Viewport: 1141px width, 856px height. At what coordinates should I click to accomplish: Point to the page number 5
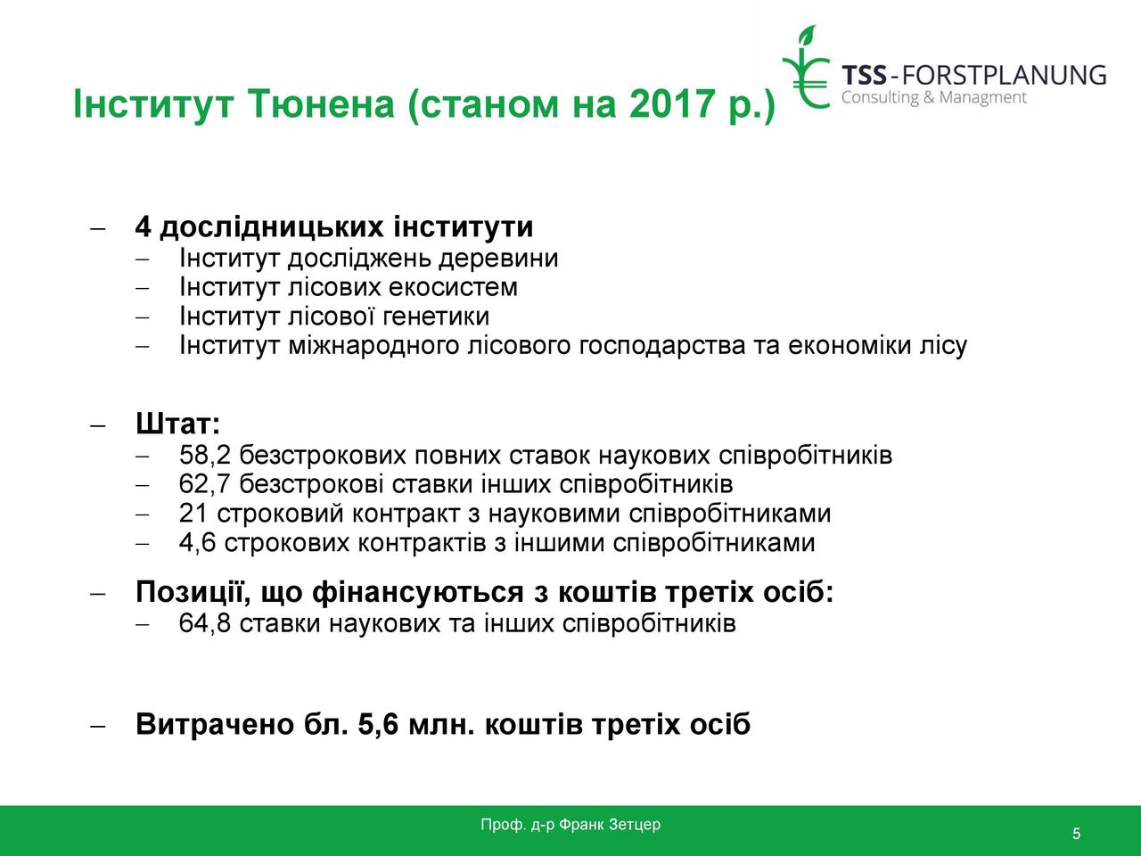coord(1076,833)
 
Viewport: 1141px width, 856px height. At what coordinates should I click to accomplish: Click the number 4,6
coord(198,543)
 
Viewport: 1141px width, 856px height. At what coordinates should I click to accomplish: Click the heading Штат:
coord(177,423)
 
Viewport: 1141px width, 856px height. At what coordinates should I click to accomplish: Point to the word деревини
coord(498,259)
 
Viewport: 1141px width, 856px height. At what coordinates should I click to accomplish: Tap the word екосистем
coord(453,287)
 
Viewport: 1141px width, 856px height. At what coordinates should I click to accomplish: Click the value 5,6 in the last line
coord(378,725)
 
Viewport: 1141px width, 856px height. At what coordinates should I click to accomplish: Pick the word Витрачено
coord(215,724)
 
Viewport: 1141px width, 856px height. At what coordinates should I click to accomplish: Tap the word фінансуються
coord(418,592)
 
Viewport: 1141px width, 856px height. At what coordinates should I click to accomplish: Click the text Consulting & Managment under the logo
coord(934,98)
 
